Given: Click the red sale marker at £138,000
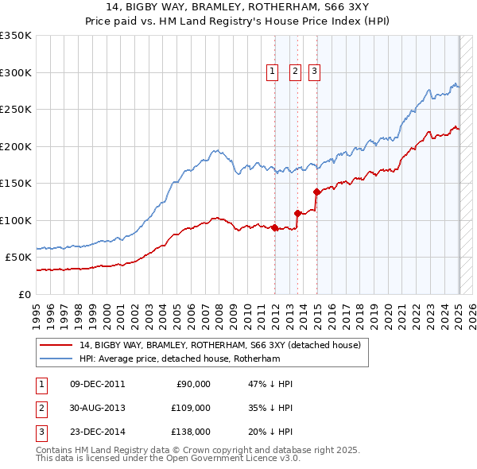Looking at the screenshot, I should (x=316, y=192).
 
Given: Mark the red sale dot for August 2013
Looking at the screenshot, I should (x=297, y=213).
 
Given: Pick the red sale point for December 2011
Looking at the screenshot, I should (x=275, y=227).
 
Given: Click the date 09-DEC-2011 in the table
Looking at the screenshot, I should (x=98, y=384).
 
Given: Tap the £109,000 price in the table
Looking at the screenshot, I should (x=191, y=408).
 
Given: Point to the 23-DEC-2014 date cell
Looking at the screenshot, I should (x=98, y=432).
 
